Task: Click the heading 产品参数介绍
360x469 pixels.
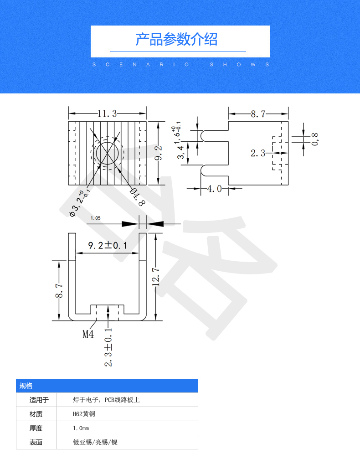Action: pos(176,40)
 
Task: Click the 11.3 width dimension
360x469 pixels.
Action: pos(107,113)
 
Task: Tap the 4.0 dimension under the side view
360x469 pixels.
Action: pos(214,189)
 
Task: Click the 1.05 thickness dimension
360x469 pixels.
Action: pos(96,218)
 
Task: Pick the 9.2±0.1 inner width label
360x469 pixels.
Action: pos(108,246)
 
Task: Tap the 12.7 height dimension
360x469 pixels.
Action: pos(155,277)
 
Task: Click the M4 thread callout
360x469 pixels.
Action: pos(88,334)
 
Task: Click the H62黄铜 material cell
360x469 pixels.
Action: pos(84,414)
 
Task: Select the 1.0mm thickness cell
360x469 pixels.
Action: pos(81,428)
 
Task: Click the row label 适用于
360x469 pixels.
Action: pos(36,400)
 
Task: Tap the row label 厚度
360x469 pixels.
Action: pos(36,428)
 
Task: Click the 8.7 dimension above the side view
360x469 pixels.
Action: pos(258,114)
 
